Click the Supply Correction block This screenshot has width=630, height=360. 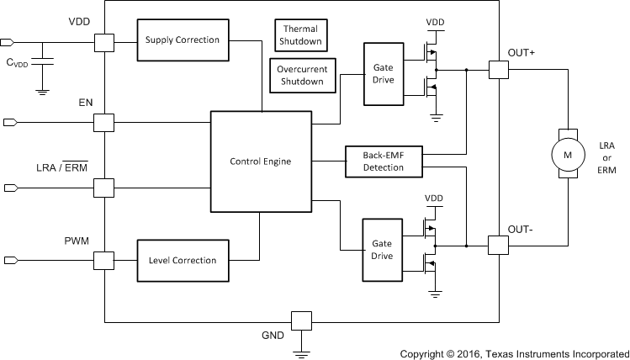182,40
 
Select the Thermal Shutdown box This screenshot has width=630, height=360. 300,34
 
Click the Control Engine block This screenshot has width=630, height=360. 260,161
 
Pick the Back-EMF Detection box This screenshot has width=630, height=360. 384,161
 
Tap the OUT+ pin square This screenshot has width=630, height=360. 498,70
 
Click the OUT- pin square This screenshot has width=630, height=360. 498,245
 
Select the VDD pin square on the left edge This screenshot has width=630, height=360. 103,41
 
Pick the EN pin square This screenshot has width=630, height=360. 103,123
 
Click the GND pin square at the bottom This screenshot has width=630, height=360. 300,320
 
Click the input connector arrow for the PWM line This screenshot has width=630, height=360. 9,261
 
